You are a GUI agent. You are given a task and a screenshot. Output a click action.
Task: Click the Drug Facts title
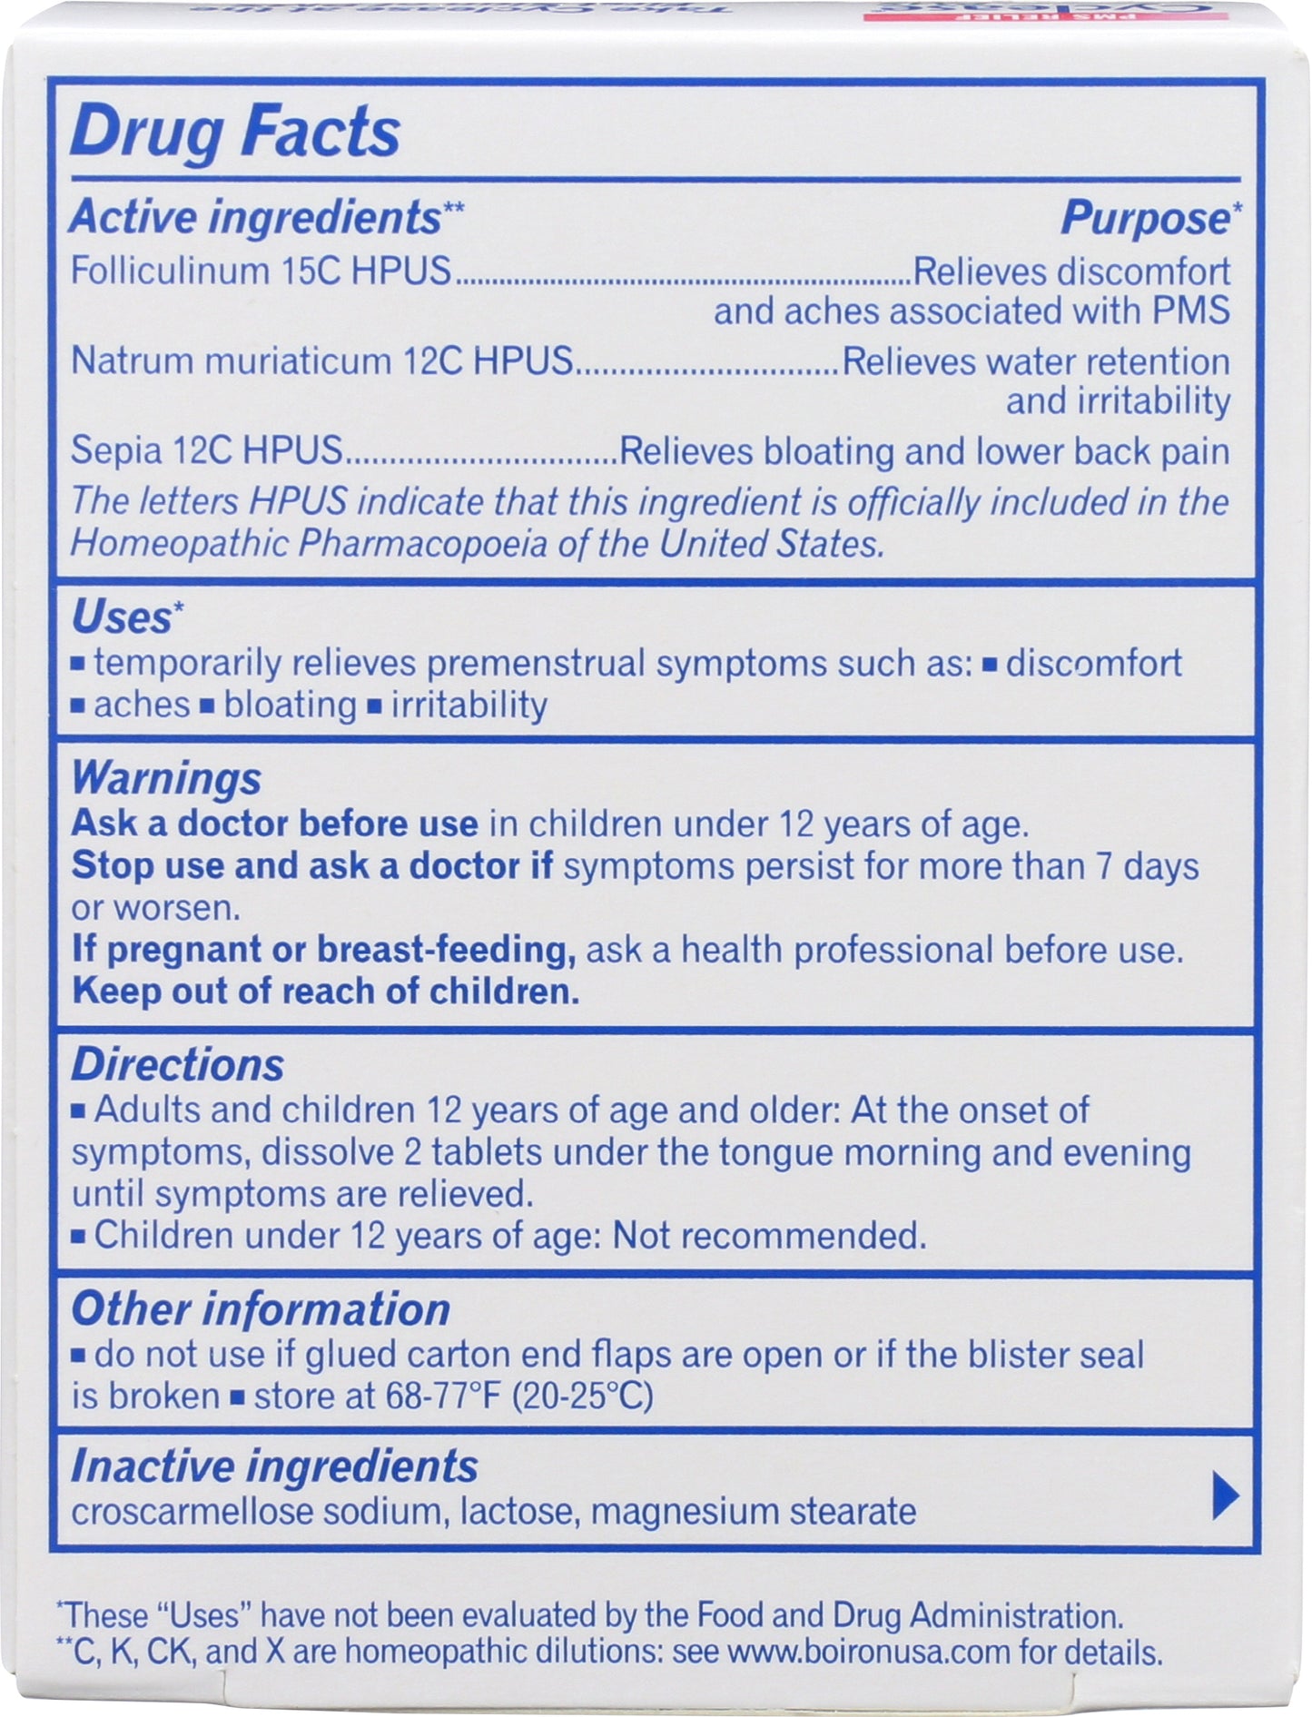click(234, 133)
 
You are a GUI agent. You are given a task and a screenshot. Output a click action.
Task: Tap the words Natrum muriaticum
click(232, 361)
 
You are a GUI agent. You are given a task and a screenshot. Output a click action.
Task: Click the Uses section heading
click(121, 618)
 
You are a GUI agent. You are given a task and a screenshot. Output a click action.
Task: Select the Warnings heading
click(166, 779)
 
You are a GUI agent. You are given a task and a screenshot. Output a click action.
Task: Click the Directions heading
click(178, 1065)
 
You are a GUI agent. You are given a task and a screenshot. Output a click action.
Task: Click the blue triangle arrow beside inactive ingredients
click(1224, 1495)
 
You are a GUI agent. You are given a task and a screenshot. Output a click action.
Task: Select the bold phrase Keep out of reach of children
click(325, 992)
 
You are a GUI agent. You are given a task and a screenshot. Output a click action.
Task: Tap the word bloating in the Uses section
click(290, 706)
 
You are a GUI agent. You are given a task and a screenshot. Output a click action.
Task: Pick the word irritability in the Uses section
click(469, 706)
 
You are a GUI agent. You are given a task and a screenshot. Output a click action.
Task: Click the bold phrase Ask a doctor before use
click(274, 824)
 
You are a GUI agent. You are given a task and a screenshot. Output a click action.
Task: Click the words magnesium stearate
click(753, 1512)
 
